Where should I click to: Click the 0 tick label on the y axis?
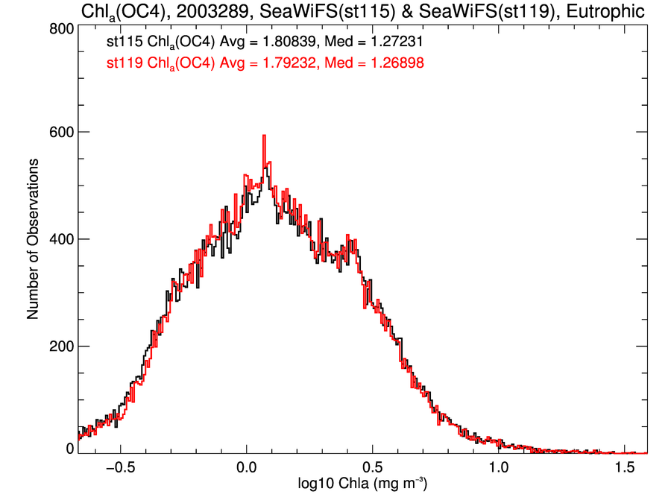69,449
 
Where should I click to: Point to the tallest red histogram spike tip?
264,136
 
